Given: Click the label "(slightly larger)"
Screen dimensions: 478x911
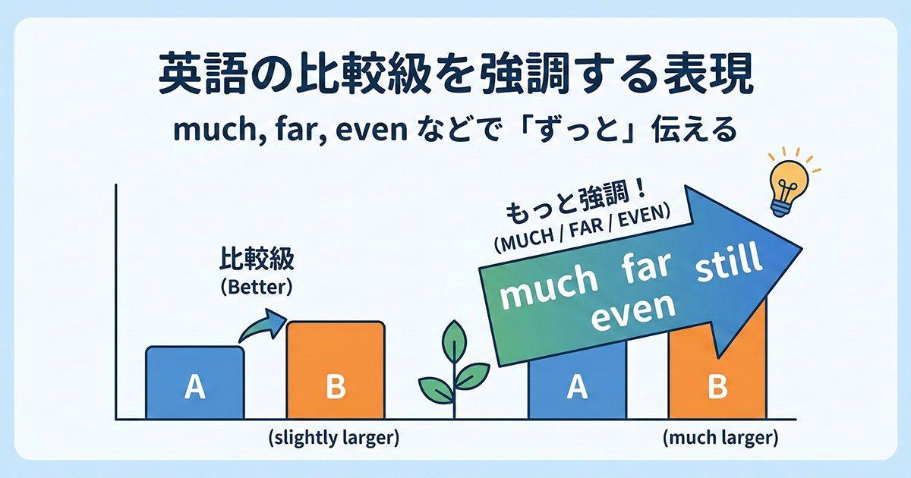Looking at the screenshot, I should (x=333, y=439).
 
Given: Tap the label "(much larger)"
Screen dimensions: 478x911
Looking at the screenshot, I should (x=720, y=438).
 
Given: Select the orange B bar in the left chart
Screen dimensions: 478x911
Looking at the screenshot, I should (x=335, y=371).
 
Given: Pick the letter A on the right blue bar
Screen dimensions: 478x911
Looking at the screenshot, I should (x=578, y=387).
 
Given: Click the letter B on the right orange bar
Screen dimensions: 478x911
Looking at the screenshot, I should (x=717, y=387).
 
